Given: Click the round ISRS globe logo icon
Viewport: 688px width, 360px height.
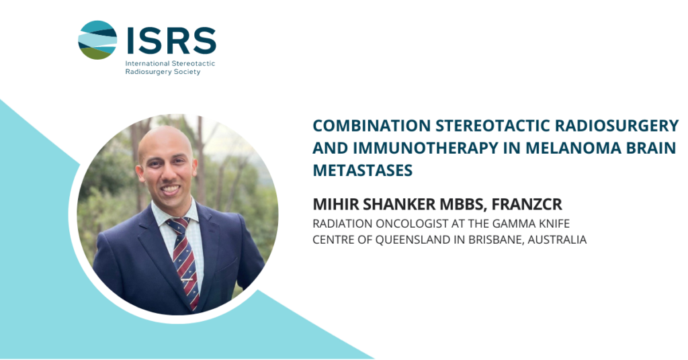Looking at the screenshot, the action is pos(97,40).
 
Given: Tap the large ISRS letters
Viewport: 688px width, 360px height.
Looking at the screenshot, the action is pos(171,40).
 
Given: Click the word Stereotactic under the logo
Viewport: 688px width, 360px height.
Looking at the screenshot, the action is pos(193,63).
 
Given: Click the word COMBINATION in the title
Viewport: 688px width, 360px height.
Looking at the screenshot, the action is pos(372,126).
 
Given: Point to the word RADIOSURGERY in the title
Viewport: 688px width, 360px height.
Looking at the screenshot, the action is pos(617,126).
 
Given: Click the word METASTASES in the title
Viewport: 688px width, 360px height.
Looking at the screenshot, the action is pos(362,171).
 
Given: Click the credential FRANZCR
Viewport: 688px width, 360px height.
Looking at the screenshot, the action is pos(527,204).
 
